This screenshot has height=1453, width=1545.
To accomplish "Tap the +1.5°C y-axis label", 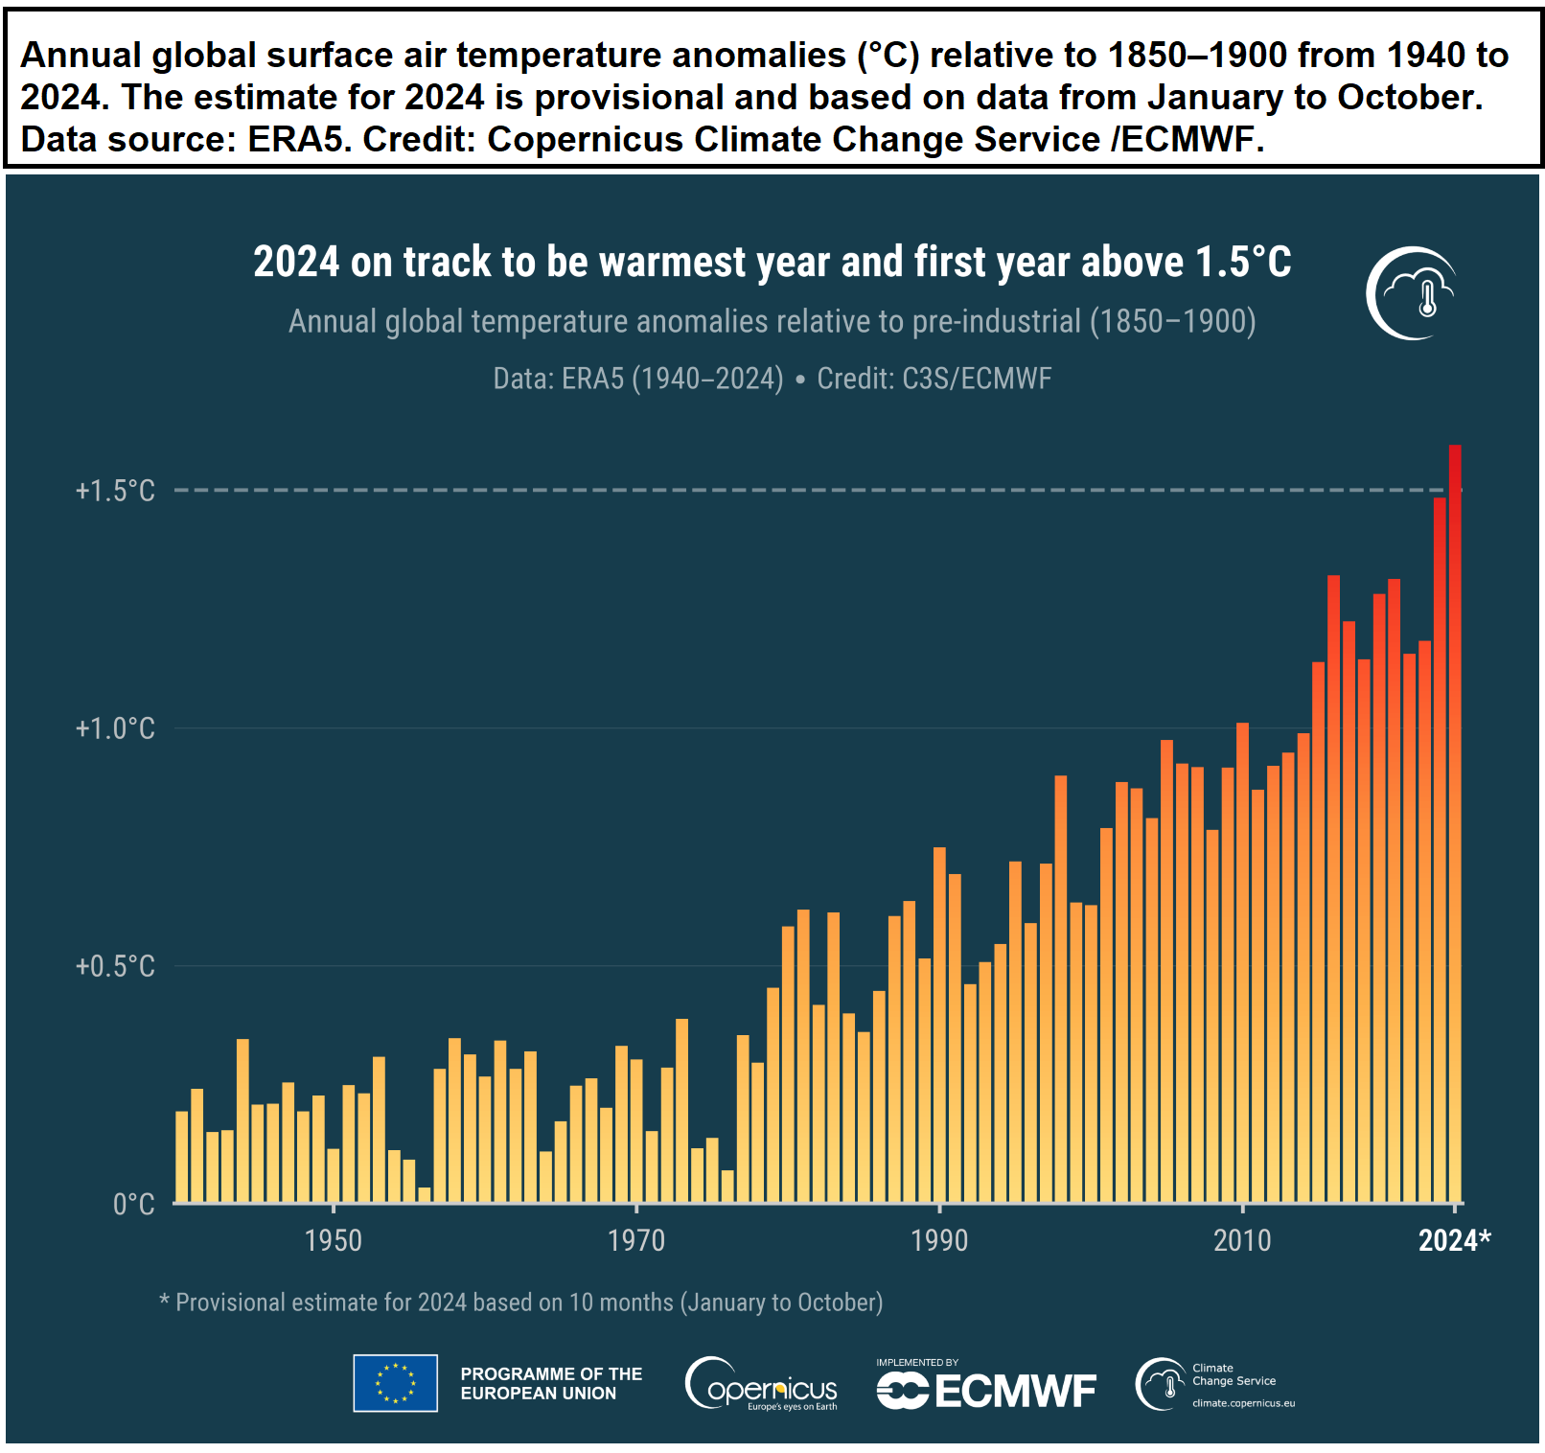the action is (115, 491).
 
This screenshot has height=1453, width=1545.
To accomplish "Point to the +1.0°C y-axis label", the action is (115, 728).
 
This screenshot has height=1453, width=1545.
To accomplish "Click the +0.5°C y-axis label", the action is (115, 966).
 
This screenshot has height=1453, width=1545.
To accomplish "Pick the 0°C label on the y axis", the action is (134, 1204).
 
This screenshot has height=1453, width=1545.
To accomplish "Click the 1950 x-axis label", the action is (334, 1240).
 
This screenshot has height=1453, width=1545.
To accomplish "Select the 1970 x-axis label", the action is (636, 1240).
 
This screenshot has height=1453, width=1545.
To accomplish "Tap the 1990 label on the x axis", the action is (939, 1240).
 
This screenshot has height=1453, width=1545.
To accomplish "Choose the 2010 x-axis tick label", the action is (1242, 1240).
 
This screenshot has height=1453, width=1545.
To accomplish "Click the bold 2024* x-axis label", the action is (1455, 1240).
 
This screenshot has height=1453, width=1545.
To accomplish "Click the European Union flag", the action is (395, 1383).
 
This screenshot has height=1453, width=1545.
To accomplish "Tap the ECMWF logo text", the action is (986, 1391).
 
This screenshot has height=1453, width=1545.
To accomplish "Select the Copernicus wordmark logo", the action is (762, 1384).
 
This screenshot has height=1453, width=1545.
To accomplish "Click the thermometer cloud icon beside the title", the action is (1411, 293).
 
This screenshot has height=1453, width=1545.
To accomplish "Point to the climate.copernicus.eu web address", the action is (1243, 1403).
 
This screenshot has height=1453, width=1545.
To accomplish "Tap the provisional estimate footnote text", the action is (521, 1303).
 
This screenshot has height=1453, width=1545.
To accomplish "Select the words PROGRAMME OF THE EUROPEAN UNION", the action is (551, 1383).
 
